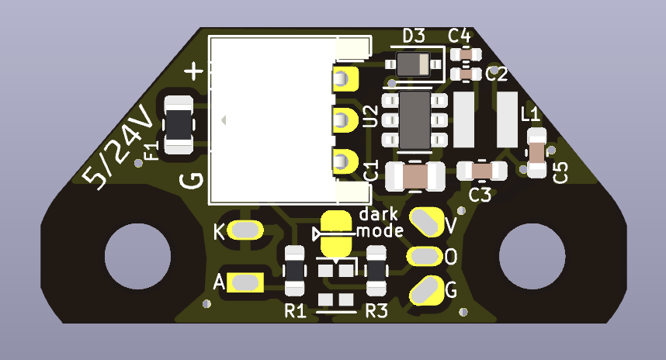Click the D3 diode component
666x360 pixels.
(415, 64)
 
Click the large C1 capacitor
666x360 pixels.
(415, 176)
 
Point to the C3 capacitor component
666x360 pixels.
(482, 169)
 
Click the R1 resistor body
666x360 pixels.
(294, 271)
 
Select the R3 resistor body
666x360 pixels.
(377, 271)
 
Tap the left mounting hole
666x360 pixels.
(137, 256)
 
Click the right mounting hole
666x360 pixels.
(531, 256)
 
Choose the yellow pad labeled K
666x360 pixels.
(246, 230)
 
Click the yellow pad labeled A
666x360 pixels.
(246, 282)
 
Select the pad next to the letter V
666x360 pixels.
(426, 220)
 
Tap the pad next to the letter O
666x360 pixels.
(425, 255)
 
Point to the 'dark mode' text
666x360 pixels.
(380, 222)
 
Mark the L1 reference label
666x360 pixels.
(531, 115)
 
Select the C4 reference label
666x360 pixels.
(460, 35)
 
